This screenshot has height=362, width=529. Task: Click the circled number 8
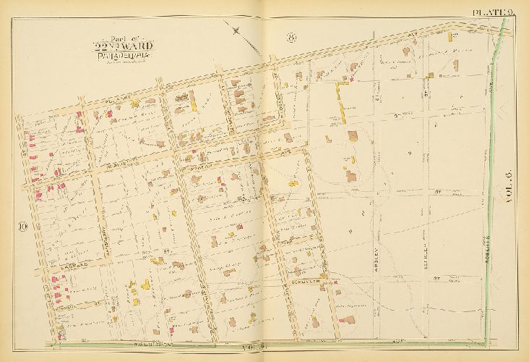[291, 39]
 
